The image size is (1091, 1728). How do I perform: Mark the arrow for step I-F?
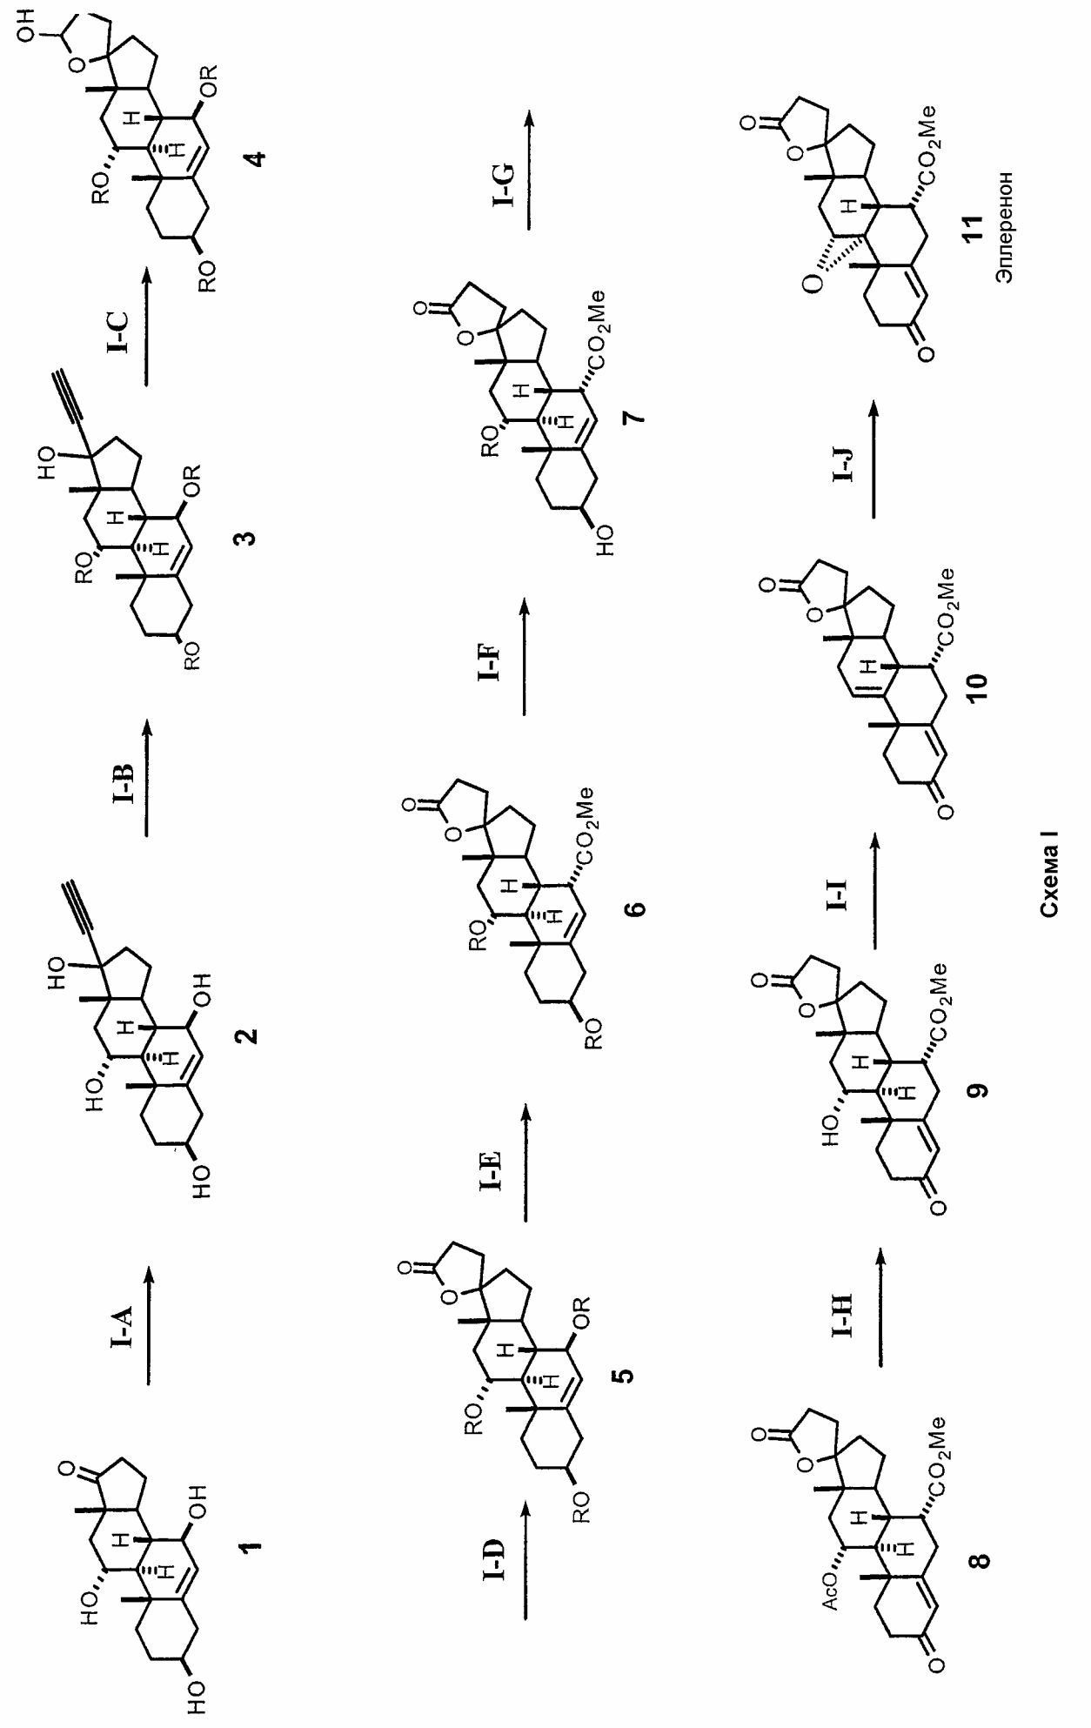[x=525, y=657]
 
